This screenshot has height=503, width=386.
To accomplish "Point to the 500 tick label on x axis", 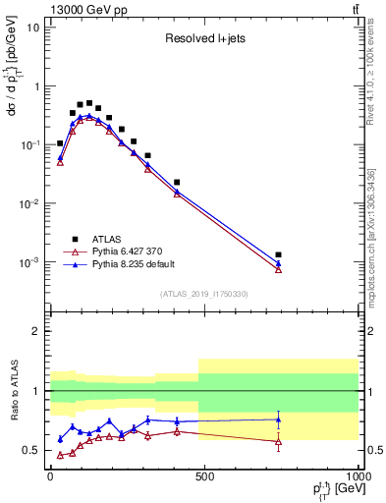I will click(204, 475).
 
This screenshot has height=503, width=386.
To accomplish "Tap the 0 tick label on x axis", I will click(50, 475).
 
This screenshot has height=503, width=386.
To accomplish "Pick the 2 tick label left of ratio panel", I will click(34, 331).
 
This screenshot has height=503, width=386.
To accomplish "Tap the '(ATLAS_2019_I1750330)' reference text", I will click(203, 294).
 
